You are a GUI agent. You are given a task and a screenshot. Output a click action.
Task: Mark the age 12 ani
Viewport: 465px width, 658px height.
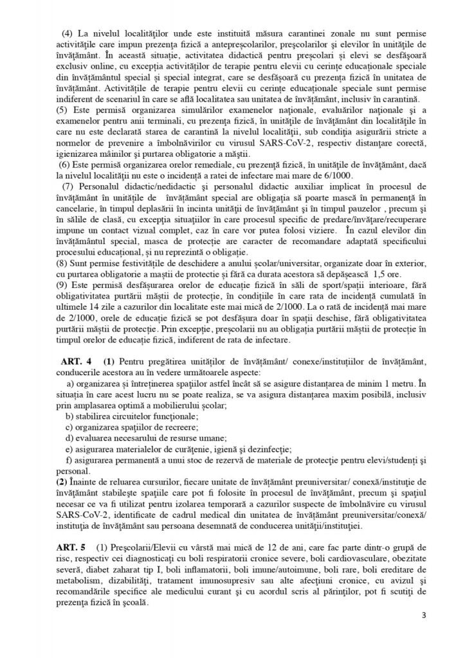click(241, 549)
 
